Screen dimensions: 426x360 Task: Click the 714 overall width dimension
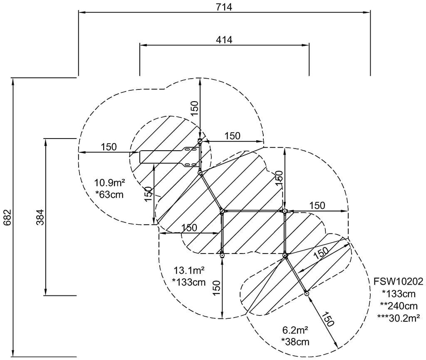coord(224,7)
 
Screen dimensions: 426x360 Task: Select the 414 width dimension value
coord(224,40)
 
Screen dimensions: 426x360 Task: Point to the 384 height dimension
coord(40,217)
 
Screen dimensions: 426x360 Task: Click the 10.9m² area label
coord(109,183)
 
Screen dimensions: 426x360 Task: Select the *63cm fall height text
coord(109,194)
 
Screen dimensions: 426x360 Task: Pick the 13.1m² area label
coord(189,271)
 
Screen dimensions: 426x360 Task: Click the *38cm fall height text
coord(295,342)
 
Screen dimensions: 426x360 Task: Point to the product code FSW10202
coord(398,281)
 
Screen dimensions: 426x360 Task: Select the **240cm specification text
coord(399,306)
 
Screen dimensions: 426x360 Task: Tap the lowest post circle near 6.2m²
coord(307,293)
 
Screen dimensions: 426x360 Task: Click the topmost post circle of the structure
coord(200,141)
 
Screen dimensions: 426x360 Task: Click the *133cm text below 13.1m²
coord(189,282)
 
